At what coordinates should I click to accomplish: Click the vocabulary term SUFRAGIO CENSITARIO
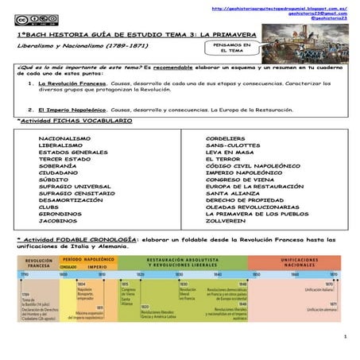79,193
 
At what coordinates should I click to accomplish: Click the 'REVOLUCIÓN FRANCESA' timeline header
39,263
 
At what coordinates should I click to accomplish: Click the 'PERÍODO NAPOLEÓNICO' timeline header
87,260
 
